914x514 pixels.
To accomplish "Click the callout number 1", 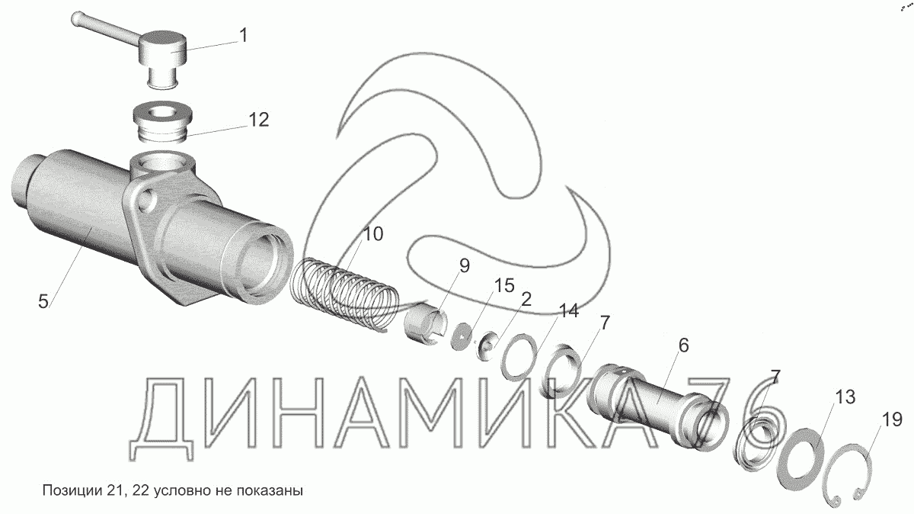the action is click(243, 36).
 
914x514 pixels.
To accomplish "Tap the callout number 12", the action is click(259, 120).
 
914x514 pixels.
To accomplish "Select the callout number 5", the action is click(43, 301).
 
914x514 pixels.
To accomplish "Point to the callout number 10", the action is click(372, 233).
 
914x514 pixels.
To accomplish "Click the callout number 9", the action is click(465, 266).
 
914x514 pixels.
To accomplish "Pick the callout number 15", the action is click(504, 286).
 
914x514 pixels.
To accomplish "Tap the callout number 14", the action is click(568, 311).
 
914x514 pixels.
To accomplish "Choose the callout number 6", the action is click(683, 345).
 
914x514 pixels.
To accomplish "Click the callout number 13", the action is click(845, 397).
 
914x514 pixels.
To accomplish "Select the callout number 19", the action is click(892, 419).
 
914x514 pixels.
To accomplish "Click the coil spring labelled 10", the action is click(345, 294).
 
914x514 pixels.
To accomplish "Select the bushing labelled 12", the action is click(163, 123).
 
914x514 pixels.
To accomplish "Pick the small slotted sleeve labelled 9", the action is click(424, 327).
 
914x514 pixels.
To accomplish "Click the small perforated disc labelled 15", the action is click(462, 336).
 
